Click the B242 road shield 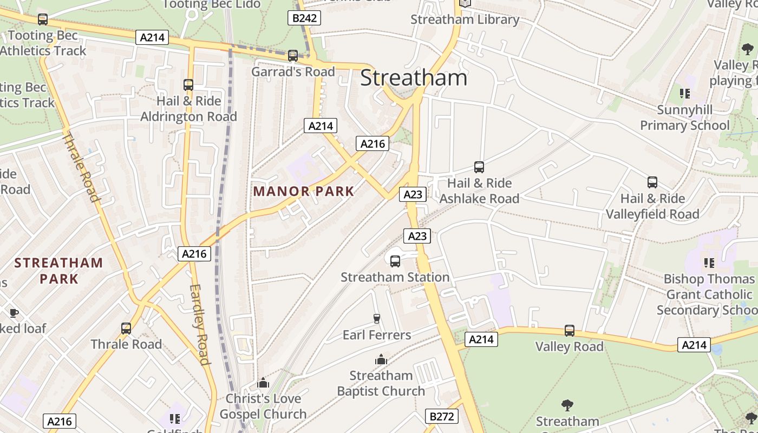[x=304, y=18]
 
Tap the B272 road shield [x=441, y=416]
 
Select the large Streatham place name [x=413, y=78]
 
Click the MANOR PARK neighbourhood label [x=304, y=191]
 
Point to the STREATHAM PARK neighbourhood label [x=58, y=271]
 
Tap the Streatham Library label [x=465, y=19]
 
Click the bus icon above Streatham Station [x=395, y=261]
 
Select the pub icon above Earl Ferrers [x=377, y=319]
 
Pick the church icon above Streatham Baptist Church [x=381, y=360]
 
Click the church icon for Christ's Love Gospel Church [x=263, y=383]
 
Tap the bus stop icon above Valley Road [x=569, y=331]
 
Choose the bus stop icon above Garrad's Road [x=293, y=56]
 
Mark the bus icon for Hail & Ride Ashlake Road [x=479, y=167]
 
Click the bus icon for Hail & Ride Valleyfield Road [x=652, y=182]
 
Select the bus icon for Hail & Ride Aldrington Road [x=188, y=85]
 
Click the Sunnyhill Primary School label [x=685, y=117]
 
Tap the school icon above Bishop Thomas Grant [x=709, y=263]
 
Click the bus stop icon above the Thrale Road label [x=126, y=328]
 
